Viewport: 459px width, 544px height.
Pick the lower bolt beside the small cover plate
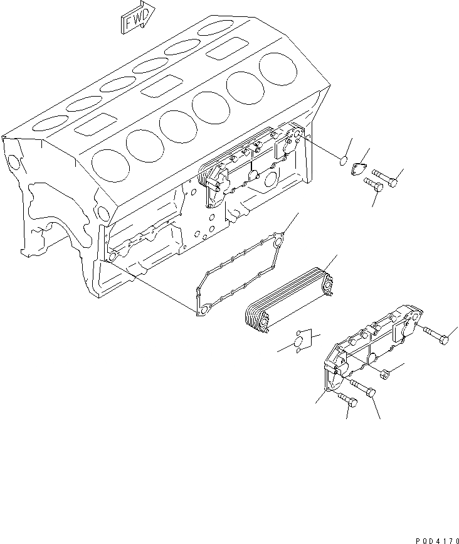click(373, 187)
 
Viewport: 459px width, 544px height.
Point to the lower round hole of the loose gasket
click(203, 310)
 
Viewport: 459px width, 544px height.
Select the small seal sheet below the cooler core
click(300, 341)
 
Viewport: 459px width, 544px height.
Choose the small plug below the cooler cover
click(384, 375)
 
